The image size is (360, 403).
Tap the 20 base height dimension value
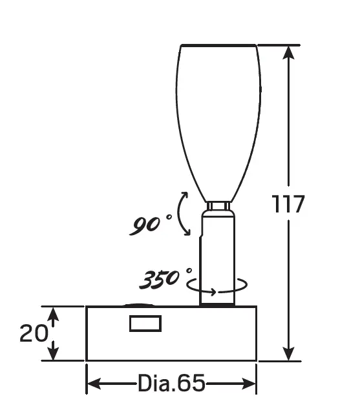pos(34,333)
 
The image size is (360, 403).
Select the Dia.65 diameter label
pos(171,384)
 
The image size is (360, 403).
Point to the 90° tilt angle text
pos(150,225)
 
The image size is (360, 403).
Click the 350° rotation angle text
pos(164,279)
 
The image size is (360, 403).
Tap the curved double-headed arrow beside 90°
pos(184,214)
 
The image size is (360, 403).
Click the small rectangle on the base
pos(145,323)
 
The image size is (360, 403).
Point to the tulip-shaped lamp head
pos(218,116)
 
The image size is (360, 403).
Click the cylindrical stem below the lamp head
pos(218,252)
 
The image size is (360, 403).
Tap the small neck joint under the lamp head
pos(218,206)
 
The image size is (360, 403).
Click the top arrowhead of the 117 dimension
pos(289,52)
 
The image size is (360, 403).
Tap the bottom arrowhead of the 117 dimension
pos(289,354)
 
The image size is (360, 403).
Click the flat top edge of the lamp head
pos(218,45)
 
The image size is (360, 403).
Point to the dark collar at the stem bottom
pos(218,300)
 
